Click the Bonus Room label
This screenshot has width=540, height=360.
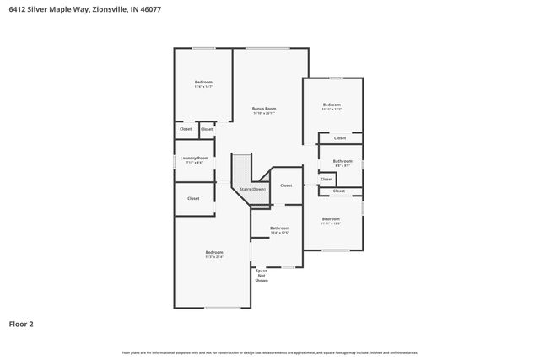click(264, 108)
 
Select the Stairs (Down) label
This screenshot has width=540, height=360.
click(252, 189)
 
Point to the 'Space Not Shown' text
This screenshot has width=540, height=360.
click(262, 276)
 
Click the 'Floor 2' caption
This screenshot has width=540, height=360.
click(21, 324)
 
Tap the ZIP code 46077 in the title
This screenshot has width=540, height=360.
click(151, 8)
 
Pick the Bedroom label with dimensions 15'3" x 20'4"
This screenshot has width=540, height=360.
click(214, 252)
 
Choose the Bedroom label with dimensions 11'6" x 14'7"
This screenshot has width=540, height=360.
click(203, 82)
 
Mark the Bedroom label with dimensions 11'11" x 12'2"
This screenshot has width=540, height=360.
click(331, 105)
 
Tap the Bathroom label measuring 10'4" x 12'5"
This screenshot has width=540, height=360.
click(279, 228)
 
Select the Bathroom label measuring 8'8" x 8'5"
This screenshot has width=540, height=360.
click(343, 160)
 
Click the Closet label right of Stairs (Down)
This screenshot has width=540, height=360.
click(286, 185)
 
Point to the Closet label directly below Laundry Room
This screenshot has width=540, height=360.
click(193, 198)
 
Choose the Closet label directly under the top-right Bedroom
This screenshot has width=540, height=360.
click(339, 137)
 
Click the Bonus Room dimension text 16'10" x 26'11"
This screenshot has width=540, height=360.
click(264, 113)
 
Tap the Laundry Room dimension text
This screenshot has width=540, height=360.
click(195, 163)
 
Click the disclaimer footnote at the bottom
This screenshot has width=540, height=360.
click(269, 352)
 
